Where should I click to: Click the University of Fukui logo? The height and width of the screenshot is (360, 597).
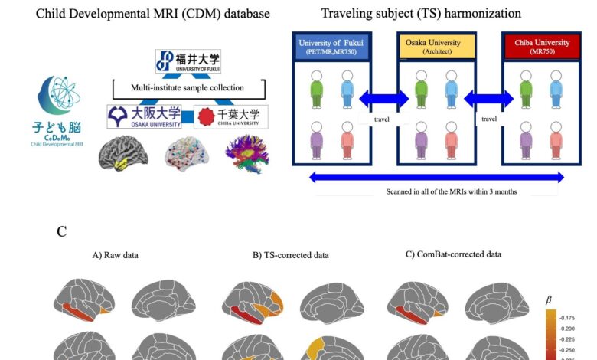point(188,61)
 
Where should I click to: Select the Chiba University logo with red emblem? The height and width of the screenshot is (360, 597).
point(228,117)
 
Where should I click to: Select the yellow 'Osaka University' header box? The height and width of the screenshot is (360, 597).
point(435,47)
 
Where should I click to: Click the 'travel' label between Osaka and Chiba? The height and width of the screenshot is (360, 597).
point(488,119)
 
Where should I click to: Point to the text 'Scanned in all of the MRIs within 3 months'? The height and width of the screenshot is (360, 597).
point(436,191)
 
